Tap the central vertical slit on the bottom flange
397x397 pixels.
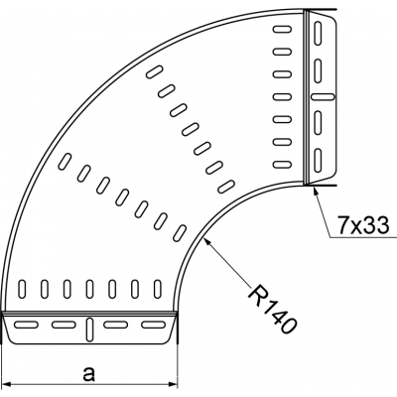[90, 327]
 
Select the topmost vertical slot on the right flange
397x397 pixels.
[322, 36]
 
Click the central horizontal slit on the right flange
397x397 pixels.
[323, 96]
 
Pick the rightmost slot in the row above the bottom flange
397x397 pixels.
[154, 289]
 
